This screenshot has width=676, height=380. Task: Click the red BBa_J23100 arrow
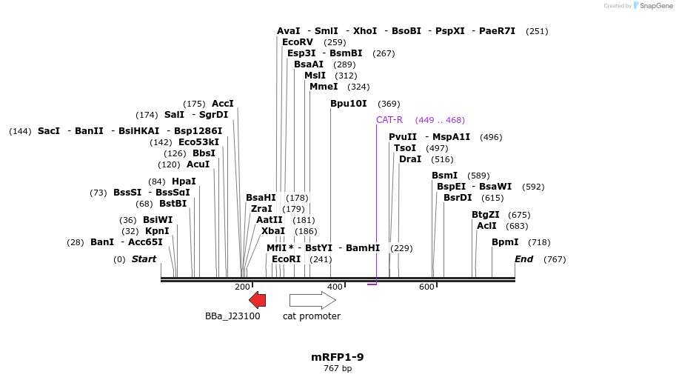[x=257, y=299]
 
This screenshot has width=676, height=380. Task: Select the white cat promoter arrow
[x=312, y=299]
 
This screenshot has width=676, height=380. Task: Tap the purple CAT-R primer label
[x=389, y=120]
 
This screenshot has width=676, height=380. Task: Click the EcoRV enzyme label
[x=298, y=42]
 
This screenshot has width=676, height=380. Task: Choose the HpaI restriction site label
[x=184, y=181]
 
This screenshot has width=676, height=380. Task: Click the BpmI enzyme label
[x=505, y=242]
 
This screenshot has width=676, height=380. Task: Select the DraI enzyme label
[x=409, y=159]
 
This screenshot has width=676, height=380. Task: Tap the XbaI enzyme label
[x=273, y=231]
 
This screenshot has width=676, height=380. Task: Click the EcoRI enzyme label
[x=287, y=259]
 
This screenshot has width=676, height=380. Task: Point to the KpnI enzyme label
[x=157, y=231]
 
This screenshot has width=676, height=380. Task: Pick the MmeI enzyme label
[x=324, y=87]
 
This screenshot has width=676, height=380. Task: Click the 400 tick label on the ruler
[x=335, y=287]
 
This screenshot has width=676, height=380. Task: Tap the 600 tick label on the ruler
[x=427, y=287]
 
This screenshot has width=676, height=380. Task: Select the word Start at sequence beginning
[x=144, y=259]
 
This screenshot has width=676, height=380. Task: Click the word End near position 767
[x=523, y=259]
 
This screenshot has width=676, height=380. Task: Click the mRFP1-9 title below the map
[x=337, y=357]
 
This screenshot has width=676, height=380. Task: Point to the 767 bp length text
[x=337, y=368]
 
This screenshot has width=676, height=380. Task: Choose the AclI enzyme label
[x=486, y=226]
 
